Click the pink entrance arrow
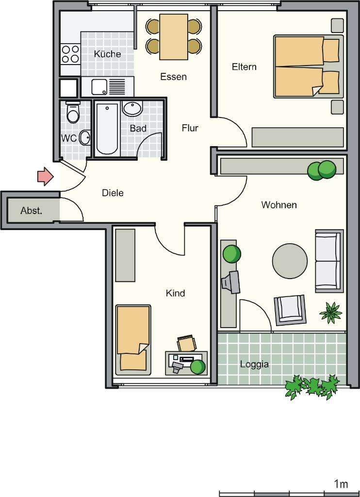[45, 176]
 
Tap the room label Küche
[107, 54]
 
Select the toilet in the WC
[73, 114]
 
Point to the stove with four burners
[70, 54]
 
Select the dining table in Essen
[174, 37]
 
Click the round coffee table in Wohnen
[290, 261]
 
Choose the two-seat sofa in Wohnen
[328, 261]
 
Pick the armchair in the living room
[291, 310]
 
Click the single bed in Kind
[133, 339]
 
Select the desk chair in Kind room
[187, 343]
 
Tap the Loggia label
[254, 364]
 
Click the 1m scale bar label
[341, 484]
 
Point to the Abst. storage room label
[32, 211]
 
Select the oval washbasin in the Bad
[132, 108]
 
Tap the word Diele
[113, 193]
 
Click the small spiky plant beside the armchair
[331, 313]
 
